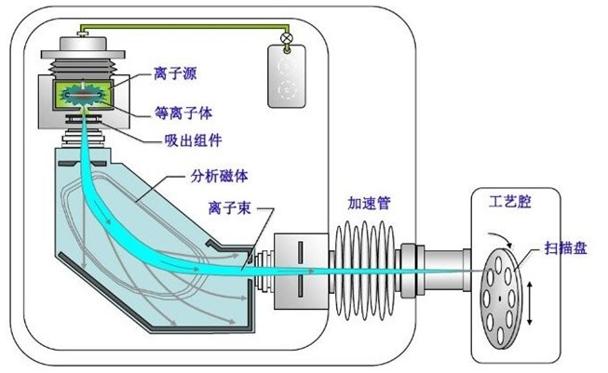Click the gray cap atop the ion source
pyautogui.click(x=83, y=46)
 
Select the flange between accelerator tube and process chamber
pyautogui.click(x=412, y=266)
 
